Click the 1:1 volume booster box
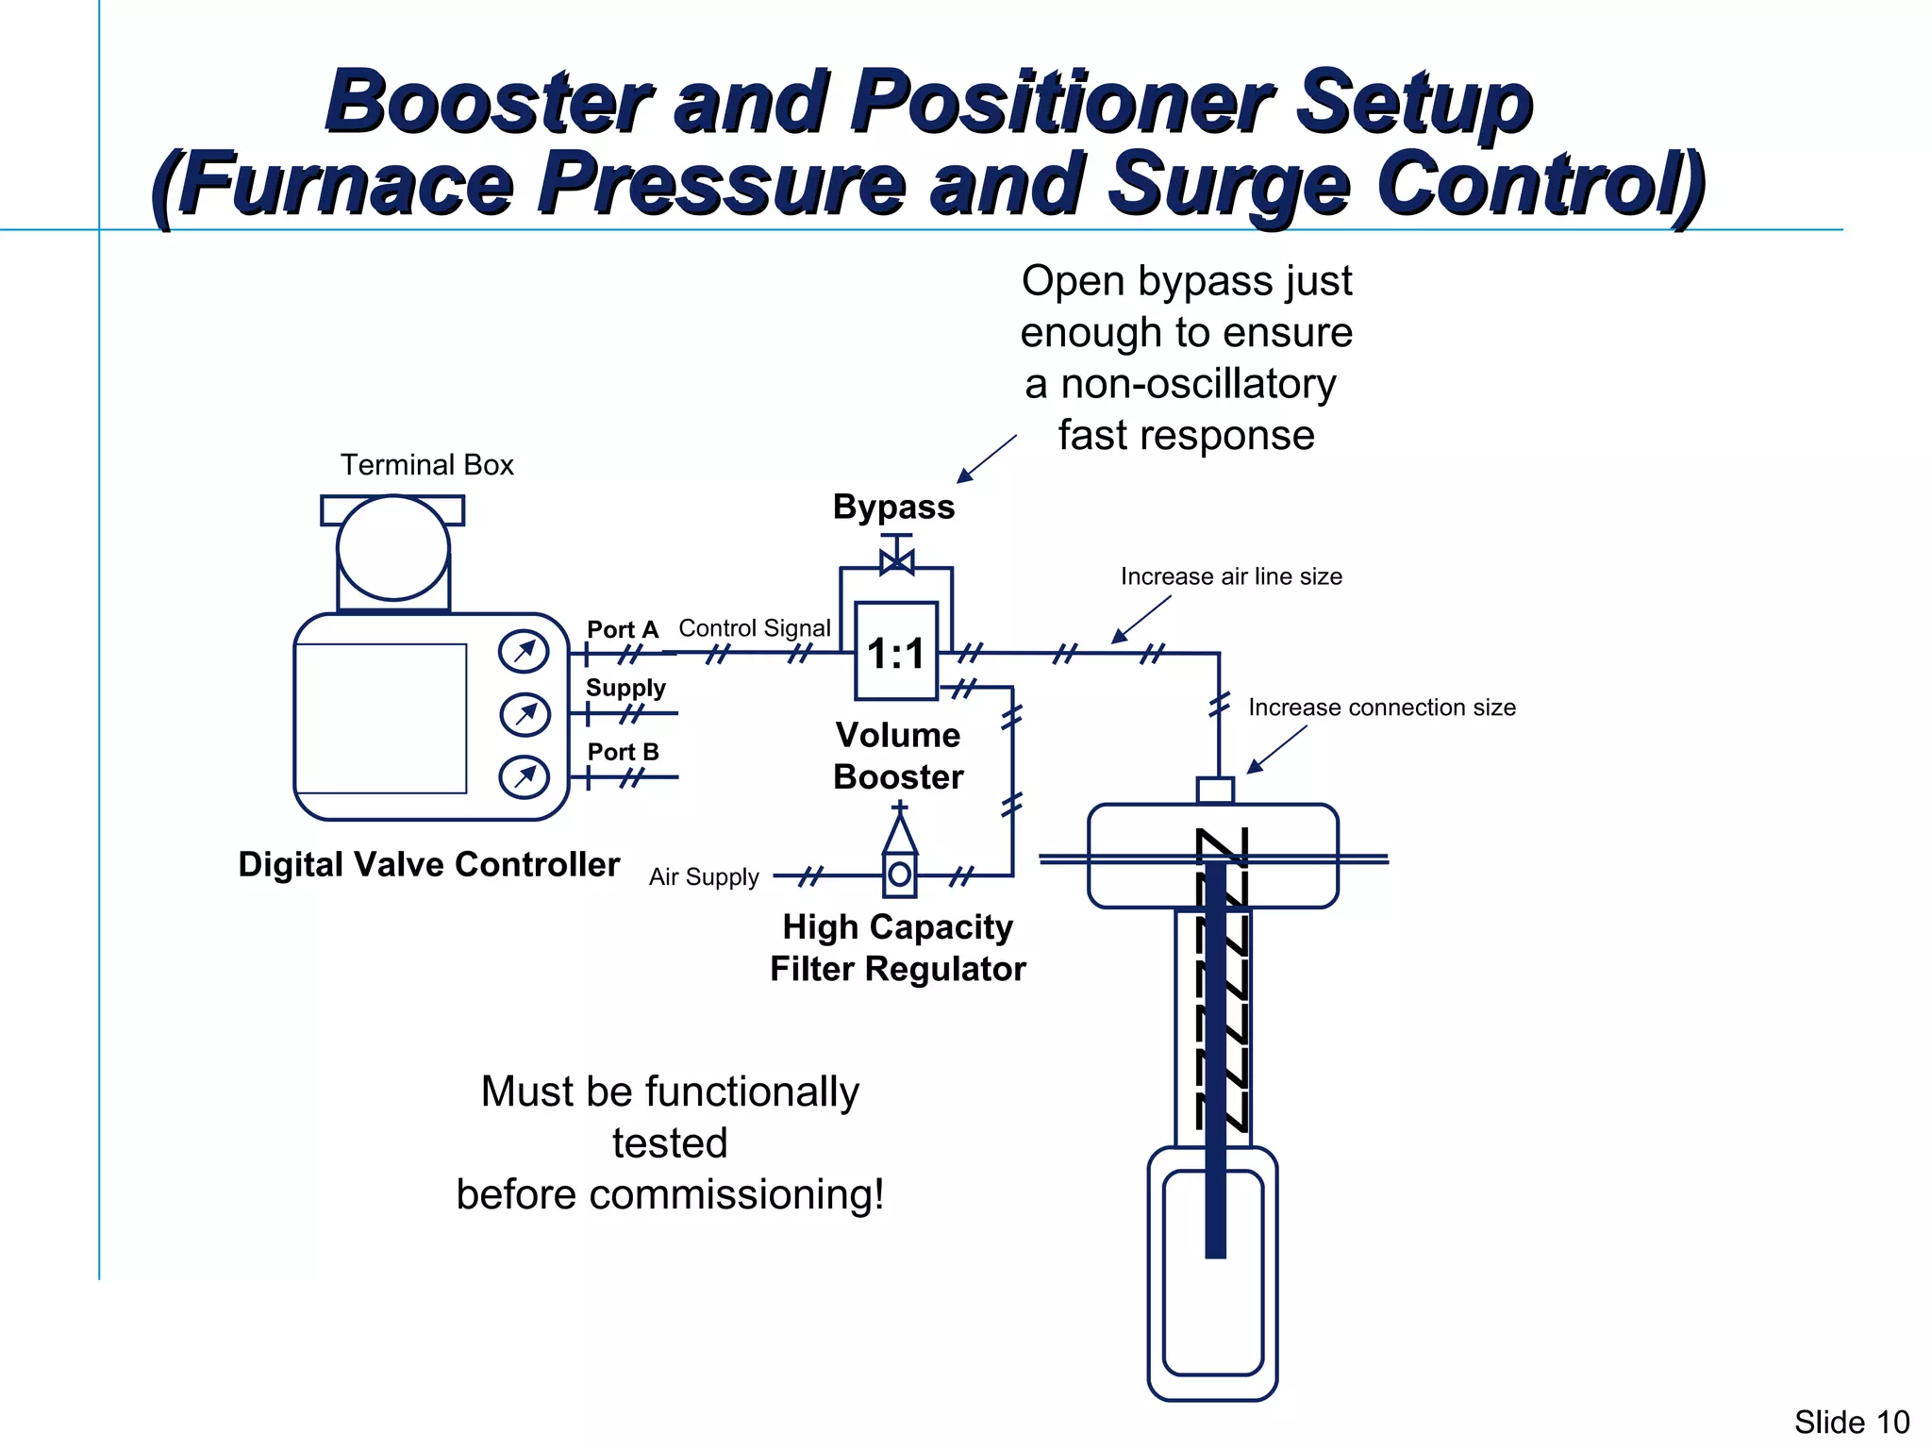point(896,651)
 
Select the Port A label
point(622,629)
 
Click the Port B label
point(623,752)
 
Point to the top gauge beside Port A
point(524,652)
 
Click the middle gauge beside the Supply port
point(525,715)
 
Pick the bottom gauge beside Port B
point(524,777)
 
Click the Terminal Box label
point(426,465)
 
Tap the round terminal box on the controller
point(392,547)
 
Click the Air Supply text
point(704,877)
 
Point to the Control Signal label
point(755,628)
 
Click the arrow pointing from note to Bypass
point(986,459)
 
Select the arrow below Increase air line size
point(1141,620)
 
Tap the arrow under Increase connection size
point(1276,750)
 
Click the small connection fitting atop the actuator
point(1215,790)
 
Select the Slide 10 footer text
point(1851,1422)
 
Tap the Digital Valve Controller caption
point(428,864)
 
